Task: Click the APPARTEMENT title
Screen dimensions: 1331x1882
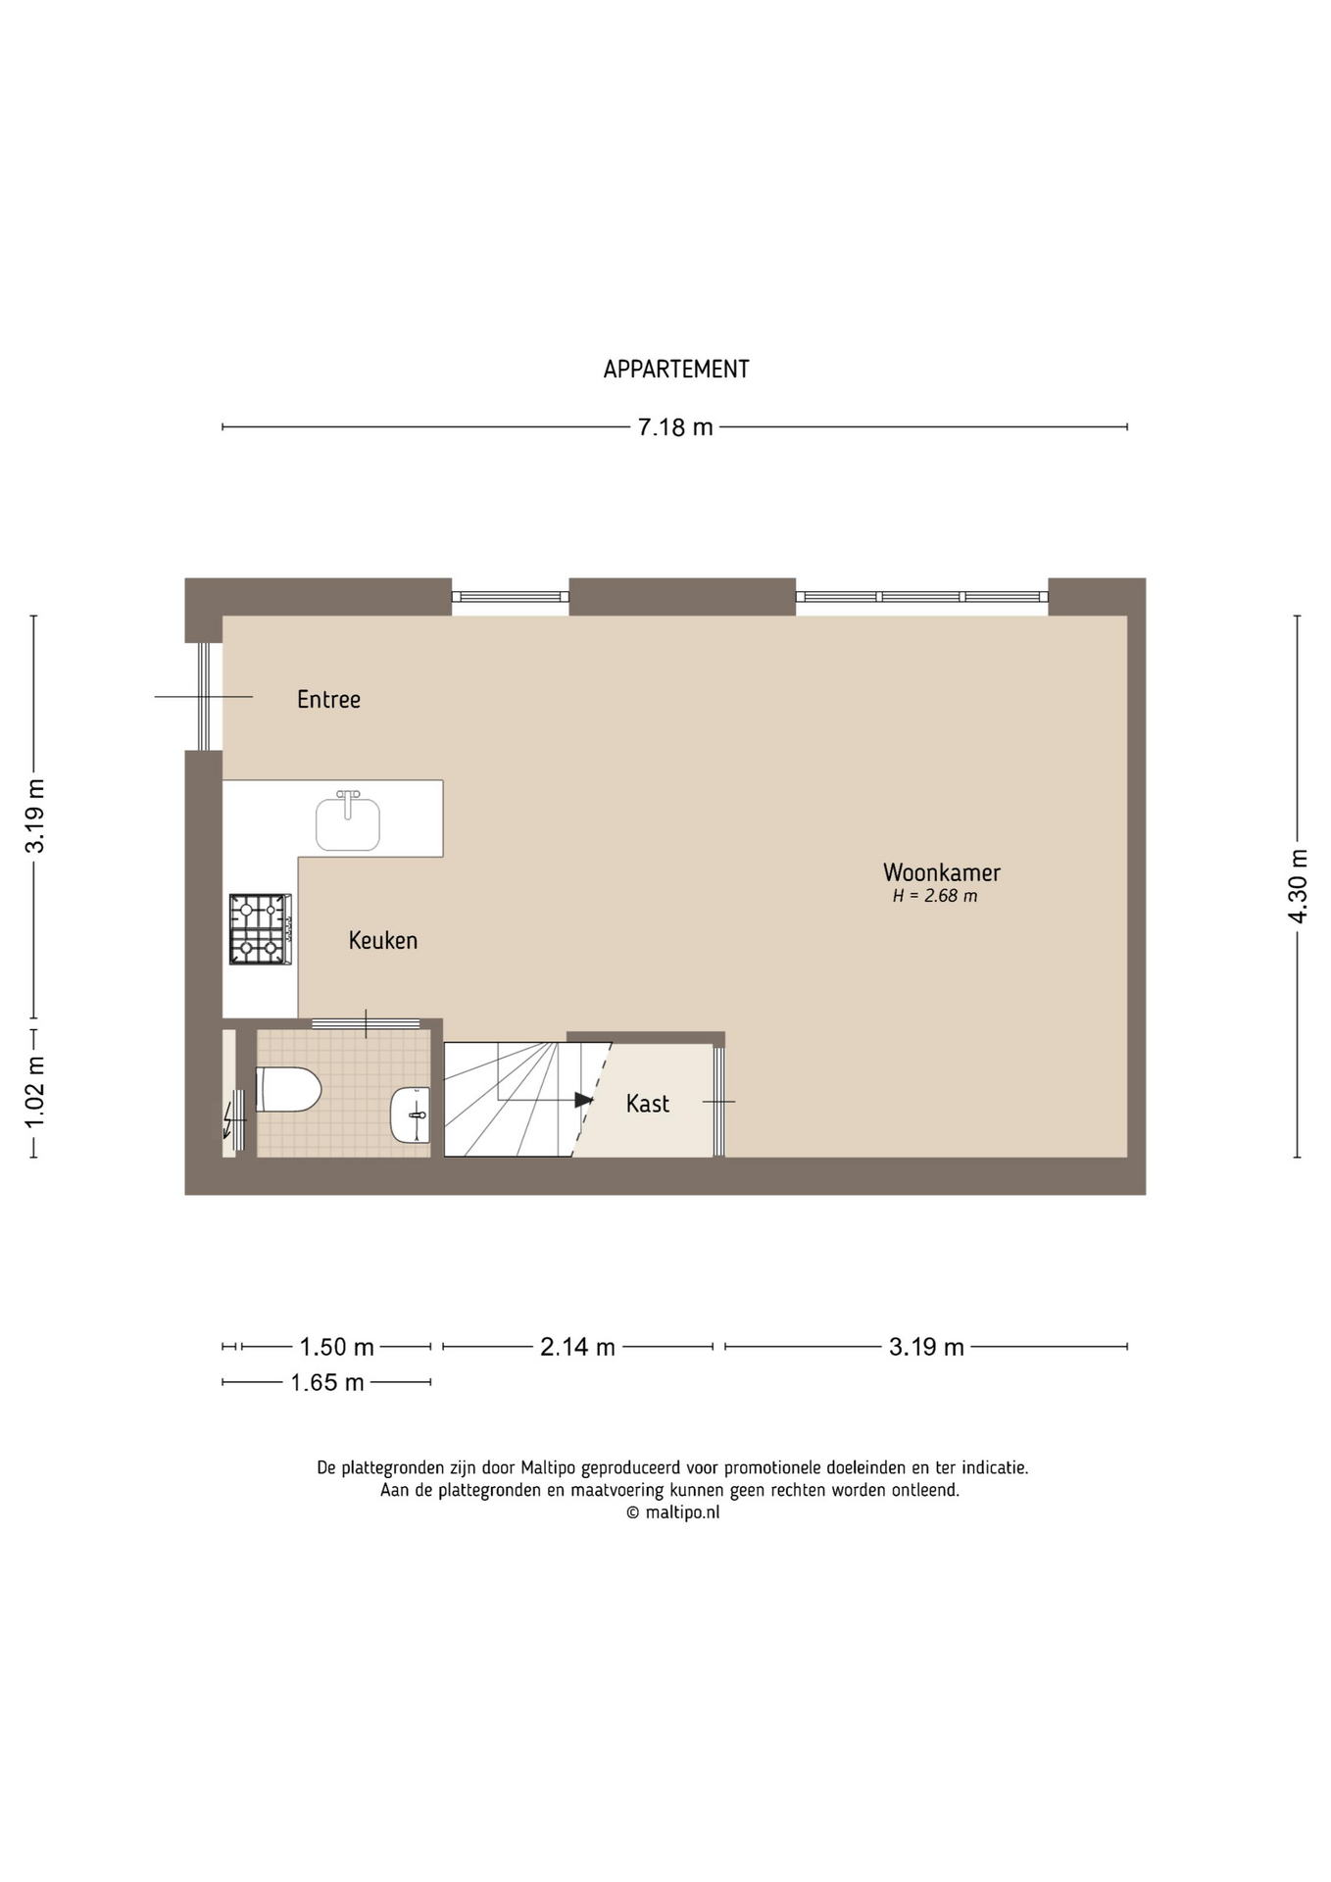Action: [676, 370]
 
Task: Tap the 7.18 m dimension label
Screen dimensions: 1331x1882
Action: [675, 427]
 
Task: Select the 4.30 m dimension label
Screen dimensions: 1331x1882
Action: [1298, 886]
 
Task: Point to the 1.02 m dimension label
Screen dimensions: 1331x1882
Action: [34, 1091]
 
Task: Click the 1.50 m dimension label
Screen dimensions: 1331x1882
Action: [337, 1348]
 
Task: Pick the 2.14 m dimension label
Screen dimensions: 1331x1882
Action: [578, 1348]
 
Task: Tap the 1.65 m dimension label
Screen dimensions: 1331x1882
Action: [327, 1383]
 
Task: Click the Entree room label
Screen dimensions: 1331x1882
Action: [328, 699]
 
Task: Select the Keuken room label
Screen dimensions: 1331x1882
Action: [383, 941]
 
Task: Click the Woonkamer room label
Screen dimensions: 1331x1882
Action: [942, 872]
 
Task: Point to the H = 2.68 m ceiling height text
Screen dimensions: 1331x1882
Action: [935, 896]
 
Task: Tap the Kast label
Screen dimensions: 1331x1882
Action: [648, 1104]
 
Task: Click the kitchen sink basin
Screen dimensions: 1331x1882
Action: [347, 823]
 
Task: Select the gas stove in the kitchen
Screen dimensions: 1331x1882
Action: [261, 929]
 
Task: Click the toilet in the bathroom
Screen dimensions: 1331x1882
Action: [288, 1090]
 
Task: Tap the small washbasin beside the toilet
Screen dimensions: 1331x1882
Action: [411, 1114]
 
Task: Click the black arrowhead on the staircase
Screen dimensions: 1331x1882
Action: [584, 1100]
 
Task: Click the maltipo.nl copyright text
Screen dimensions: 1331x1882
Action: [673, 1512]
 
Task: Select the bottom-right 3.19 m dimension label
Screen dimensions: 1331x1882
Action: [926, 1348]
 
